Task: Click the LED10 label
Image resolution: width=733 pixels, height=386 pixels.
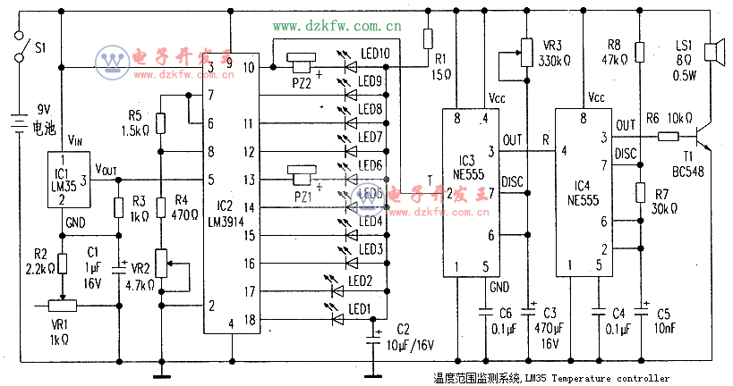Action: point(374,54)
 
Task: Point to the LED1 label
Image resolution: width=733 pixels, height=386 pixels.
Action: point(358,309)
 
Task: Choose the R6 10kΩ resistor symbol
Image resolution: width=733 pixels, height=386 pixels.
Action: point(667,137)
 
